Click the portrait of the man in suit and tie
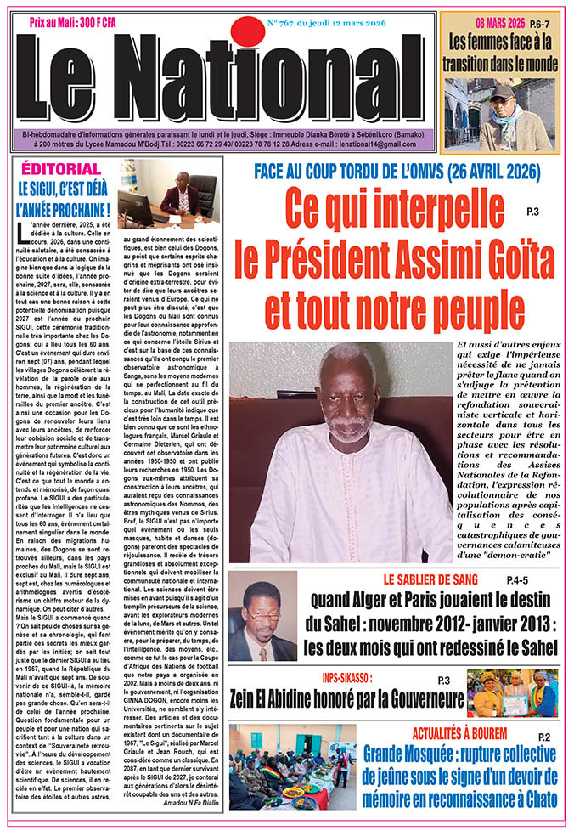point(262,615)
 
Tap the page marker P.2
point(544,737)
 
